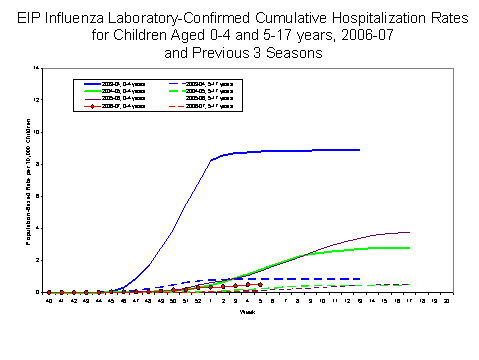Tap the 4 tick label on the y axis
[x=37, y=228]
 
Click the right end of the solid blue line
[x=359, y=150]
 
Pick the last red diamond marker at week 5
[x=260, y=285]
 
